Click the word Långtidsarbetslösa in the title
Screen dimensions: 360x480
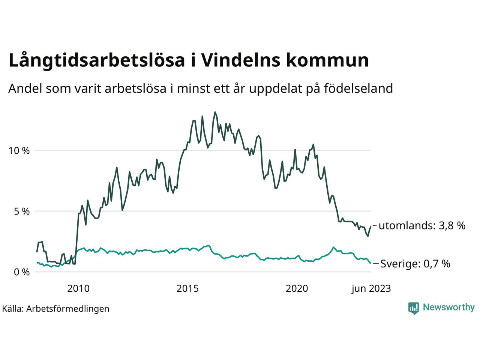[x=97, y=61]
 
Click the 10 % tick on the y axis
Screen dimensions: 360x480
[x=19, y=151]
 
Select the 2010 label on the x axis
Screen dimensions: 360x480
[x=78, y=288]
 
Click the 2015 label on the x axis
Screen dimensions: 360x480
[x=188, y=288]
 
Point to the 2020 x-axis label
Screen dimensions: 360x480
[x=297, y=288]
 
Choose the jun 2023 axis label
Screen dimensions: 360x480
[x=371, y=288]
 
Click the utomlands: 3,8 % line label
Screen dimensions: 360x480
[x=422, y=226]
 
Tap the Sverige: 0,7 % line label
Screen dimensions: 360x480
[x=415, y=264]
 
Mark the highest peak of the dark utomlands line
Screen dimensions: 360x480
[x=215, y=112]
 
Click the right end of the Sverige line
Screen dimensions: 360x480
[x=370, y=263]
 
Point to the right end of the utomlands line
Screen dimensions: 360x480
[x=370, y=226]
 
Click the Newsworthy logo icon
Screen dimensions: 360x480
[x=414, y=308]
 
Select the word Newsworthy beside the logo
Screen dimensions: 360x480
[x=448, y=307]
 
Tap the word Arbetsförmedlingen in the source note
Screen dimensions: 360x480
[x=68, y=309]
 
